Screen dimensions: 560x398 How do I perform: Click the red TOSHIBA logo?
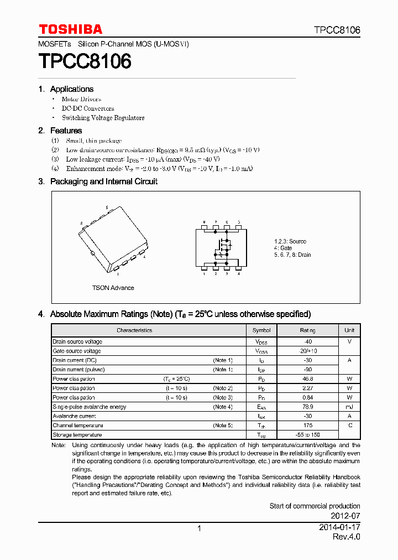tap(70, 29)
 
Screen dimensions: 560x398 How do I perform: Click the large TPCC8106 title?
tap(85, 61)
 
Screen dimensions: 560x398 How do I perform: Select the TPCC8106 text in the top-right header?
tap(337, 30)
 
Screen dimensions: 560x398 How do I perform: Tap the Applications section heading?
tap(71, 89)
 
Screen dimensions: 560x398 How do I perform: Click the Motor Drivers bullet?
tap(81, 100)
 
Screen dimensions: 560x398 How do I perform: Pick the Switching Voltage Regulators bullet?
tap(103, 118)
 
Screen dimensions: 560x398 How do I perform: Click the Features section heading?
tap(66, 131)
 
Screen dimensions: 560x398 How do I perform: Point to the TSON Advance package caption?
tap(113, 288)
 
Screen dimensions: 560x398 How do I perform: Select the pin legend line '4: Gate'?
tap(283, 248)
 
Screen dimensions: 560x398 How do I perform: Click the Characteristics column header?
tap(134, 330)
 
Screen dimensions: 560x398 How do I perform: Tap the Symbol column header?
tap(261, 330)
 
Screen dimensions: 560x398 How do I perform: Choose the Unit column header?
tap(349, 330)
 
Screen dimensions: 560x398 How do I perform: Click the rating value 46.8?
tap(307, 379)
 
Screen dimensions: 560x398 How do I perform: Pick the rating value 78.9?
tap(307, 407)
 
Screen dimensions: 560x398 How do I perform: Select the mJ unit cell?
tap(349, 407)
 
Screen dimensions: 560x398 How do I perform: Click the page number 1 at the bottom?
tap(199, 528)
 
